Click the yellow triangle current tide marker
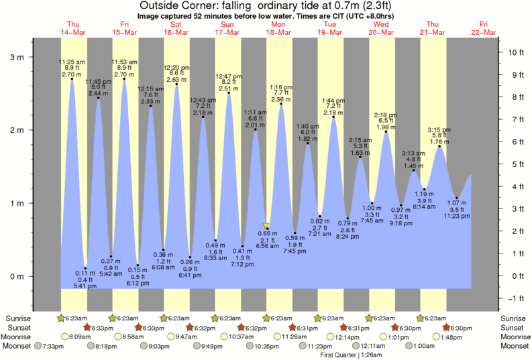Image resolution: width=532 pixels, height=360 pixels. point(266,227)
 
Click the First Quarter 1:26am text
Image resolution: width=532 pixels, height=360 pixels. point(347,354)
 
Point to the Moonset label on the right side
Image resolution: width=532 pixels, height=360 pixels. point(514,346)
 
